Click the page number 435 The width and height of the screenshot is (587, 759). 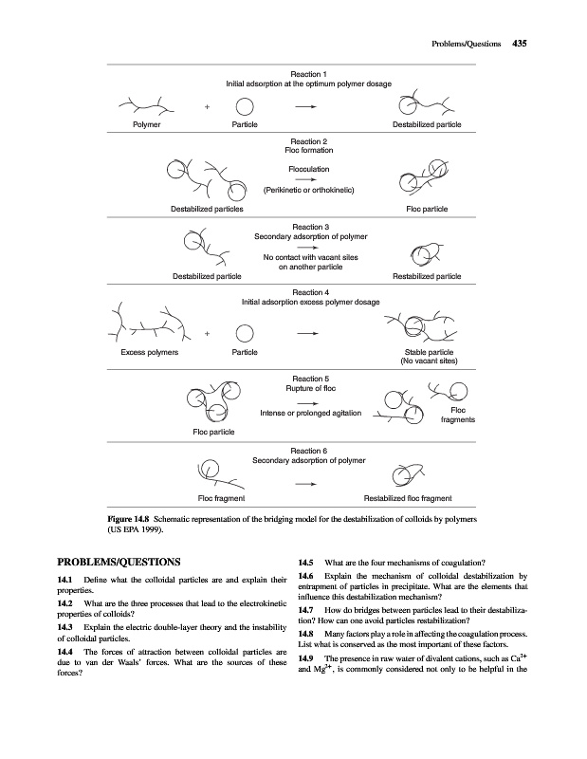(x=519, y=43)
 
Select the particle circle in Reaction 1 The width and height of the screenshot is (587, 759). (x=244, y=107)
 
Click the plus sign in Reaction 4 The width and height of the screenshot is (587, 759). (x=207, y=334)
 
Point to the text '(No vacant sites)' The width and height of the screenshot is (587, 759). (x=430, y=361)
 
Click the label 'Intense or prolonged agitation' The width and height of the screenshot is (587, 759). (x=308, y=413)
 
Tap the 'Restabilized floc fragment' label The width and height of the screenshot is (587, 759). (x=409, y=498)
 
